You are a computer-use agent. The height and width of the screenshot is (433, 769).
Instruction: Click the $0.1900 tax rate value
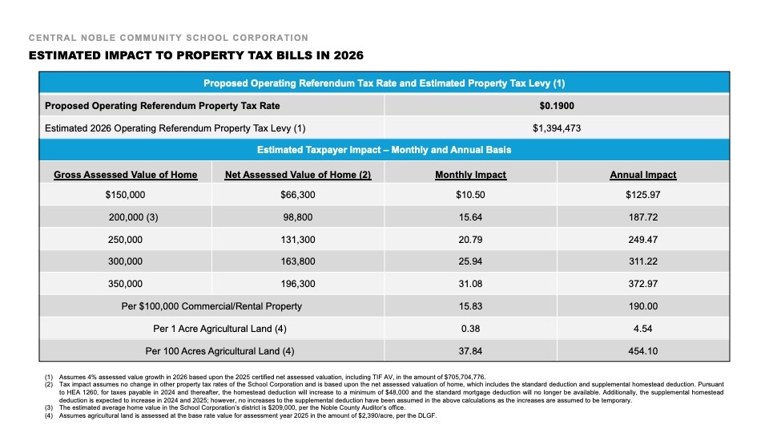pyautogui.click(x=557, y=106)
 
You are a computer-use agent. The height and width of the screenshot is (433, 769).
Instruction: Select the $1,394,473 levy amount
pyautogui.click(x=557, y=128)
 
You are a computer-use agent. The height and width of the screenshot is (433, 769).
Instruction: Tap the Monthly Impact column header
pyautogui.click(x=470, y=175)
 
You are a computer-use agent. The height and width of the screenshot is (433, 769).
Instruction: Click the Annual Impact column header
pyautogui.click(x=643, y=175)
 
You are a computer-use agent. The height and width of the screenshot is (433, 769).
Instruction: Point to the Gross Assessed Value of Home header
pyautogui.click(x=126, y=175)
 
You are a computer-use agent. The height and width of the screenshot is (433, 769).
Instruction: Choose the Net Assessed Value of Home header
pyautogui.click(x=298, y=175)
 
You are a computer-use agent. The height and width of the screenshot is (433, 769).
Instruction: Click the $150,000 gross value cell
pyautogui.click(x=125, y=195)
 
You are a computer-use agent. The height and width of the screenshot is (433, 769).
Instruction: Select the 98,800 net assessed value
pyautogui.click(x=298, y=217)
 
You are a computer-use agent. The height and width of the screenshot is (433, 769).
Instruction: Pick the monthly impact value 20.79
pyautogui.click(x=470, y=240)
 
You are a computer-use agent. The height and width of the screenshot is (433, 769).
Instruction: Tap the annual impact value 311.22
pyautogui.click(x=643, y=261)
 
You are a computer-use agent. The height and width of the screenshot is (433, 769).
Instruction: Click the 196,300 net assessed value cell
pyautogui.click(x=298, y=284)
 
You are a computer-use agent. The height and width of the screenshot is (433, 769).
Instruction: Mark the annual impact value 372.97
pyautogui.click(x=643, y=284)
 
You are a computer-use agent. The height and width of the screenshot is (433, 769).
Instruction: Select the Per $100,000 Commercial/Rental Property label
pyautogui.click(x=211, y=306)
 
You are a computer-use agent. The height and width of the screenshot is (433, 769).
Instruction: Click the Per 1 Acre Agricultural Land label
pyautogui.click(x=219, y=329)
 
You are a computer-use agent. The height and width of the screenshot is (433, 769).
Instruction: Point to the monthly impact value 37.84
pyautogui.click(x=470, y=351)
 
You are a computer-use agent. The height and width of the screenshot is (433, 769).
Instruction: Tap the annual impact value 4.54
pyautogui.click(x=643, y=329)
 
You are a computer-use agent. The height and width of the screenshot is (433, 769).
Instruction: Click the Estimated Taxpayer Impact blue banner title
pyautogui.click(x=384, y=150)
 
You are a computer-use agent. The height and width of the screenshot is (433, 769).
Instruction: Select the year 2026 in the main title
pyautogui.click(x=348, y=55)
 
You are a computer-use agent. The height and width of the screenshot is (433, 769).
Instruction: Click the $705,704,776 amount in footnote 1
pyautogui.click(x=465, y=377)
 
